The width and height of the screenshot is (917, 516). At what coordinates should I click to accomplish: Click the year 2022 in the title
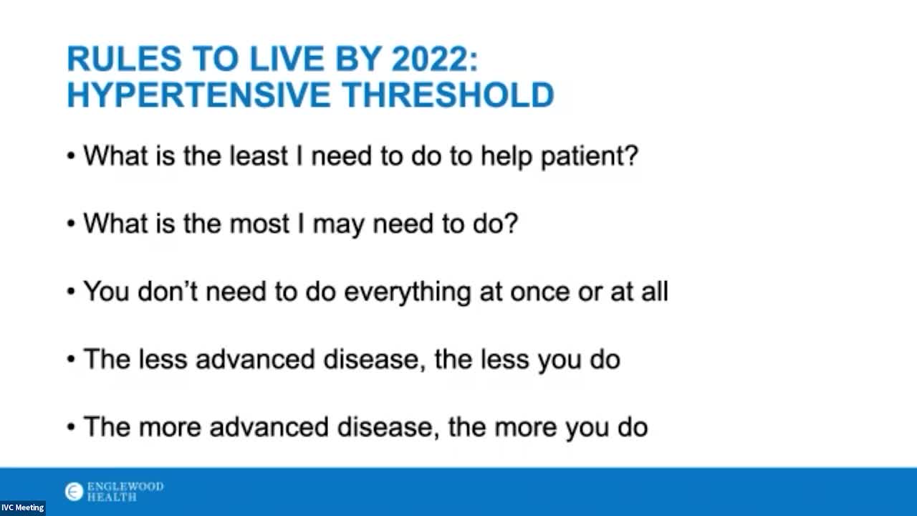tap(435, 59)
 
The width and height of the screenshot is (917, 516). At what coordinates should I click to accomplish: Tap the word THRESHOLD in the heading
tap(448, 95)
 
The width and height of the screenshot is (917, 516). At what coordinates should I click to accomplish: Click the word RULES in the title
tap(124, 59)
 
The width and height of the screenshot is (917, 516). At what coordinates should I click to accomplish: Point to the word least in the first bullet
tap(259, 156)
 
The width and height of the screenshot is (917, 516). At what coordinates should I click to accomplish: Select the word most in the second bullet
tap(259, 224)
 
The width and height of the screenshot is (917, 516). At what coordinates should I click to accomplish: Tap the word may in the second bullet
tap(338, 226)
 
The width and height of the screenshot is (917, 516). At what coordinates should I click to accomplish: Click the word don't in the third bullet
tap(168, 292)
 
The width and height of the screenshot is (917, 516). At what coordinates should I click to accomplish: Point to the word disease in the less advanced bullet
tap(375, 359)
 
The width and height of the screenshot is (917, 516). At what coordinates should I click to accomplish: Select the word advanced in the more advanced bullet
tap(269, 427)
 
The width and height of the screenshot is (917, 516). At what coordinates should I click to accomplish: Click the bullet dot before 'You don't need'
tap(71, 292)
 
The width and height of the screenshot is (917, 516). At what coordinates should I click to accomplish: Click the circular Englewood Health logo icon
tap(74, 492)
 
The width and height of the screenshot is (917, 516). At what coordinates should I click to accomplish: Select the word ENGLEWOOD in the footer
tap(125, 487)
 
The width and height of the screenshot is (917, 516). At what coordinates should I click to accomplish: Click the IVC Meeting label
tap(22, 508)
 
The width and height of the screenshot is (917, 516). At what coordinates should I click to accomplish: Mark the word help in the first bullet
tap(506, 157)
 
